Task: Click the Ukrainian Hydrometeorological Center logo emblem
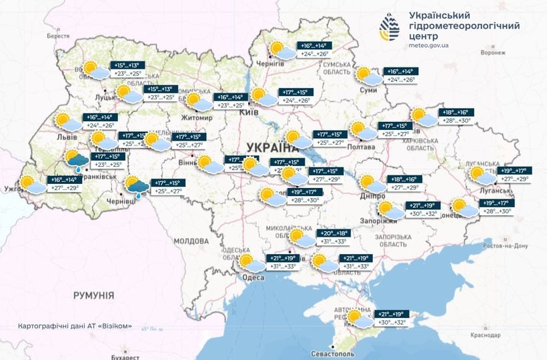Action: pos(390,27)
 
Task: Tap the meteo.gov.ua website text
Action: pos(430,45)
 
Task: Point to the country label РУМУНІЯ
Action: pos(93,295)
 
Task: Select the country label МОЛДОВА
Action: pos(191,241)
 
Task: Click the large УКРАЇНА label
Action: pos(270,147)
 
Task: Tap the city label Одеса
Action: pos(253,277)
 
